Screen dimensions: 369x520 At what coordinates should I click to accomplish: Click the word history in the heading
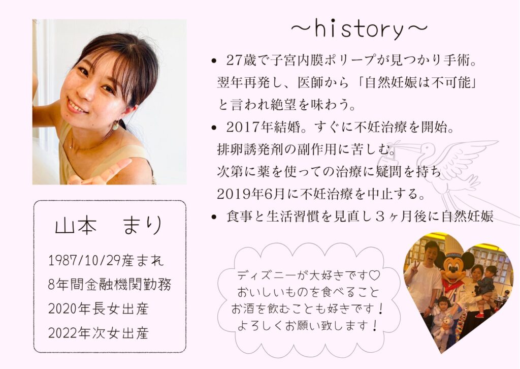coord(360,29)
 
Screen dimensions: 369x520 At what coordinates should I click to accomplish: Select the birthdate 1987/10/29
coord(89,261)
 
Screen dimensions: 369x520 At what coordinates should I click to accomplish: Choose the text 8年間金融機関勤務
coord(109,285)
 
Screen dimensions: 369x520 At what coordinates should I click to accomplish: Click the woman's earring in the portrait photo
coord(116,124)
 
